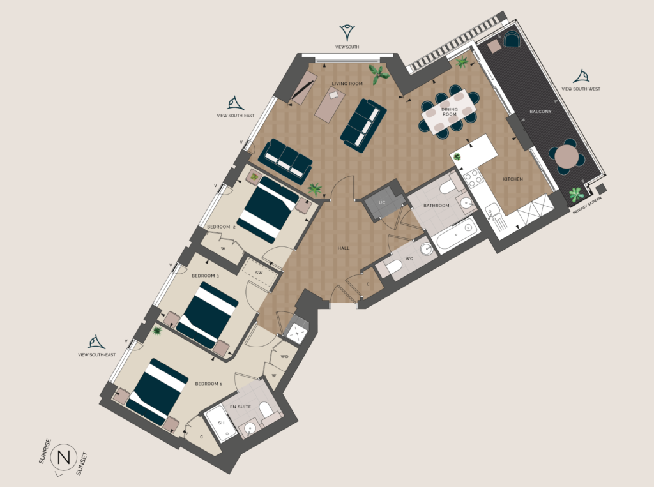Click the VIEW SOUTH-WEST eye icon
581,77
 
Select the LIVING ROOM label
347,84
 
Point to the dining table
449,112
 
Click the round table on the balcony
567,156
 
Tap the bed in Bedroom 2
268,209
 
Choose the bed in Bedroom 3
208,315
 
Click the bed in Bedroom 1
157,391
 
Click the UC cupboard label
382,202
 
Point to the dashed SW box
259,273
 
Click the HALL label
344,248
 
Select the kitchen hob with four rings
473,179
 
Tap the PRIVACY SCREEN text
587,206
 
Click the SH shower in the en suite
222,424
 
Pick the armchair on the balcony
512,39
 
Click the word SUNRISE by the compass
45,451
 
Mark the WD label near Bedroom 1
284,357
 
